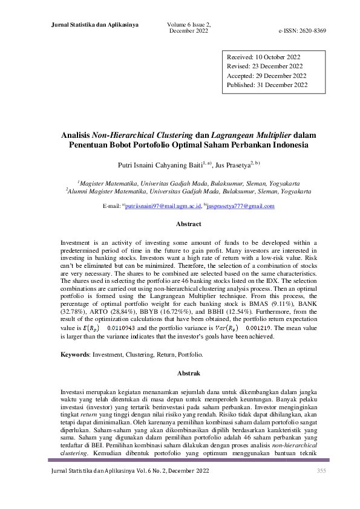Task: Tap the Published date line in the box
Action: point(267,85)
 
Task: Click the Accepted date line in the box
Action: point(267,76)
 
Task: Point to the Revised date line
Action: point(265,66)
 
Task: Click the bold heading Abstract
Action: point(188,224)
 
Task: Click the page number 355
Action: point(321,470)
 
